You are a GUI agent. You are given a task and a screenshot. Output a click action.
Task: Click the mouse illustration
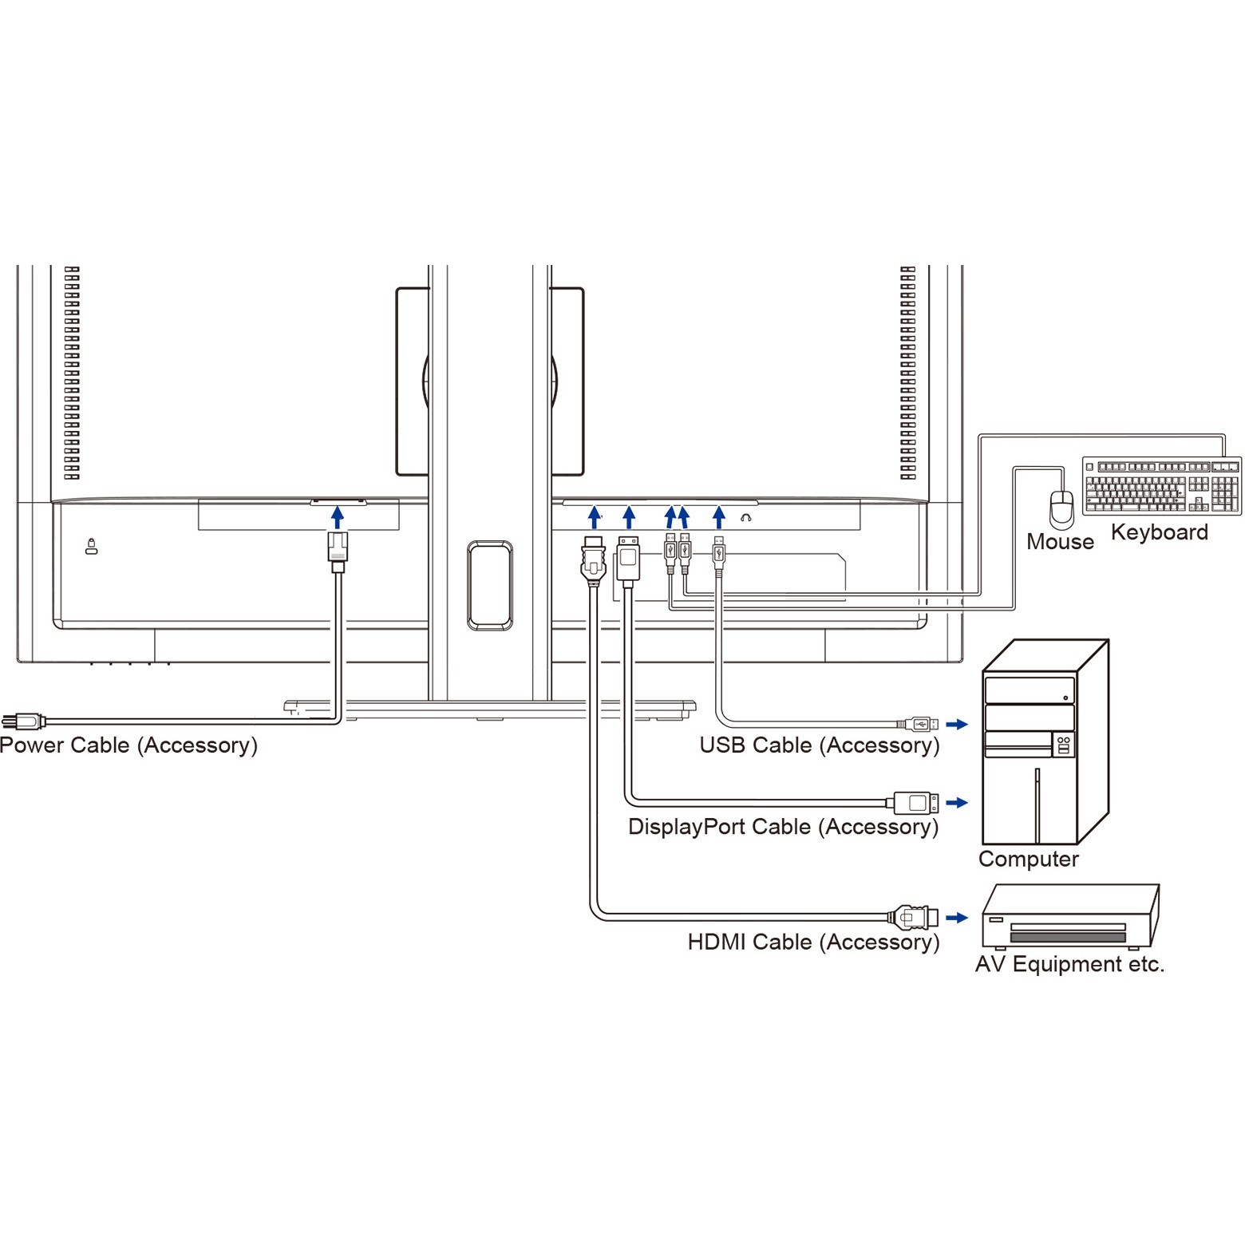[1061, 508]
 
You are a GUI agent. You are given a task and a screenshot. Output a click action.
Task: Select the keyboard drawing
[1161, 485]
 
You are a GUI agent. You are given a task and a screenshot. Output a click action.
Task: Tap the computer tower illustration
[1044, 742]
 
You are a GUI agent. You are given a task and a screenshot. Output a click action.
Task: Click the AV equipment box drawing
[1069, 917]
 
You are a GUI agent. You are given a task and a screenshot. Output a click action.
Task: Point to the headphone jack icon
[745, 518]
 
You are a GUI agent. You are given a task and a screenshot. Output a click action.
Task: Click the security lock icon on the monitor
[91, 547]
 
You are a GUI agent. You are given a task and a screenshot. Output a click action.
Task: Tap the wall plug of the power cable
[22, 721]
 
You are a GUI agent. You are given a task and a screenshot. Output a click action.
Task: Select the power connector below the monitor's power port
[338, 551]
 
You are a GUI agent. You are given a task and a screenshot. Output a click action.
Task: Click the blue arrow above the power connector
[338, 517]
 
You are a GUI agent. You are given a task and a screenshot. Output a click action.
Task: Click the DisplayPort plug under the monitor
[628, 559]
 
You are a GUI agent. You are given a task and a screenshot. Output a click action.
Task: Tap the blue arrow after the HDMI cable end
[956, 917]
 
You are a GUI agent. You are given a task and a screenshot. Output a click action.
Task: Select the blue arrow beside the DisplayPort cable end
[956, 802]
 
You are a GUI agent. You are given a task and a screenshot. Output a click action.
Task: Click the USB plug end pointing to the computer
[919, 724]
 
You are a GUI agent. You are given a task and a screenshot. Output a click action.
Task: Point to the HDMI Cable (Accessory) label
[813, 942]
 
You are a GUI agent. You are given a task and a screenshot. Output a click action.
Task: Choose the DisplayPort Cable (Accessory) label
[783, 827]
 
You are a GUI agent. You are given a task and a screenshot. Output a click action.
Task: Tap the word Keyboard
[1159, 532]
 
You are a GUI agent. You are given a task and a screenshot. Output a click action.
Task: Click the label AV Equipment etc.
[1069, 964]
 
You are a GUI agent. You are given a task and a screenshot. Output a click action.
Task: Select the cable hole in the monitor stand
[490, 585]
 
